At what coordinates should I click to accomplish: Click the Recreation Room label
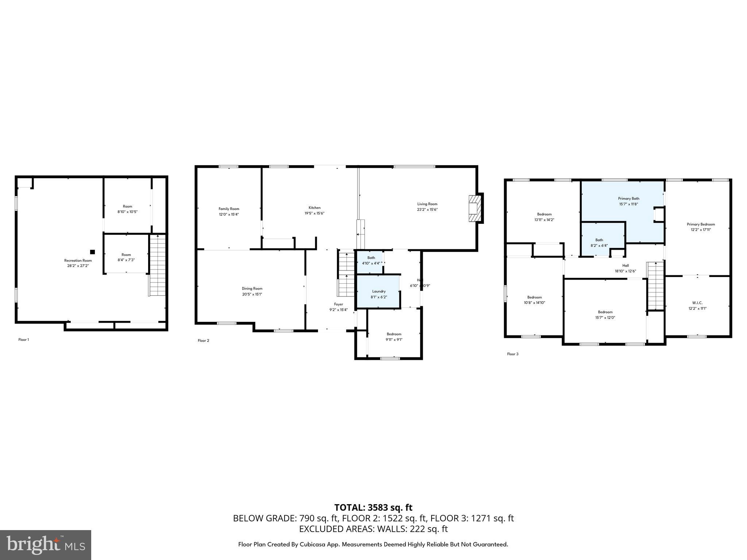point(78,260)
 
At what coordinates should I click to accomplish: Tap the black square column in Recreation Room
point(92,252)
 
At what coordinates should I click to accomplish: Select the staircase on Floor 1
point(157,265)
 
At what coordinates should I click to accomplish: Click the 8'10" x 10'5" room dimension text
point(127,211)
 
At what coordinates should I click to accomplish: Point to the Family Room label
point(229,209)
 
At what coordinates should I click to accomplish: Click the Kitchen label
point(314,208)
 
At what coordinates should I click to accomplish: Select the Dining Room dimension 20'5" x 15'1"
point(252,294)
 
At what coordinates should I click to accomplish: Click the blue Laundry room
point(378,292)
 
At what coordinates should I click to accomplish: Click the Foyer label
point(338,304)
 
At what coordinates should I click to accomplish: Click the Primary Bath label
point(628,199)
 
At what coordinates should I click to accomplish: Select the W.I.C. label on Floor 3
point(697,303)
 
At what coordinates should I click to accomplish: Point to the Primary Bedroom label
point(701,225)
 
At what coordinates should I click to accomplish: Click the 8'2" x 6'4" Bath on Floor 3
point(599,242)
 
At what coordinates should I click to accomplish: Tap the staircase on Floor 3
point(655,286)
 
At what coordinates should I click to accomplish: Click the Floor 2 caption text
point(204,341)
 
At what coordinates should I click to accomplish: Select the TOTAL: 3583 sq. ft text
point(373,507)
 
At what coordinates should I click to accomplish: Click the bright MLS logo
point(46,545)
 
